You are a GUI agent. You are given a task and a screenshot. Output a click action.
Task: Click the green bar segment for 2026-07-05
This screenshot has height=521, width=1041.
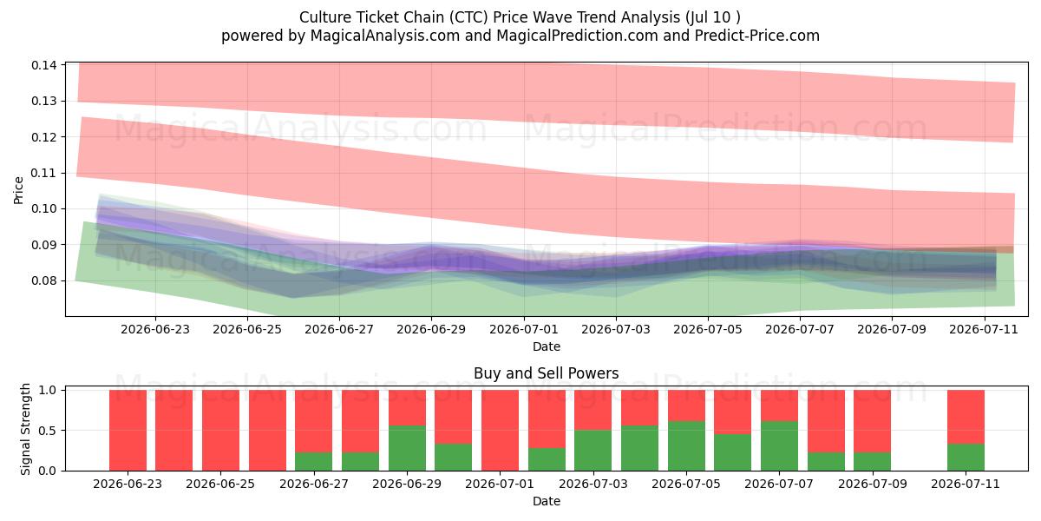tap(686, 445)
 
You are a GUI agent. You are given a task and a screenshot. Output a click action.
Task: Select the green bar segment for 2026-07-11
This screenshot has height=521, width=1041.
tap(966, 458)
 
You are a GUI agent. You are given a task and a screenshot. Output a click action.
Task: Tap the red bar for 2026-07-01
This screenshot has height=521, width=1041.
tap(500, 431)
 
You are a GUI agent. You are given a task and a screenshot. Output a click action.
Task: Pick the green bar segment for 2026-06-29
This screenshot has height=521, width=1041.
tap(407, 448)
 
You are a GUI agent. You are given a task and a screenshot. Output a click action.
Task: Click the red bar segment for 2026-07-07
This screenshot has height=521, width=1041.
tap(779, 406)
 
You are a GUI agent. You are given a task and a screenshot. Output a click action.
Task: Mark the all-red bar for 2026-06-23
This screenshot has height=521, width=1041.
tap(128, 431)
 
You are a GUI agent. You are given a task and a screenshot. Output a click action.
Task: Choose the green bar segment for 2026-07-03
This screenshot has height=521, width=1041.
tap(593, 451)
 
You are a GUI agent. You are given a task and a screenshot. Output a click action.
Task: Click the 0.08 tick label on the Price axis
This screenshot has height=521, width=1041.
tap(44, 280)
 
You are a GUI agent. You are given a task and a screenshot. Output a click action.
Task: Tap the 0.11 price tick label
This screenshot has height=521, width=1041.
tap(44, 173)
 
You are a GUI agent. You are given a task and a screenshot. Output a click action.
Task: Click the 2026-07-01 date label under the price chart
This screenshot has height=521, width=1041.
tap(524, 329)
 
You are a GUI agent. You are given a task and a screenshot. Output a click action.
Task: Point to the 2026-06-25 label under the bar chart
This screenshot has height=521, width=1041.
tap(220, 484)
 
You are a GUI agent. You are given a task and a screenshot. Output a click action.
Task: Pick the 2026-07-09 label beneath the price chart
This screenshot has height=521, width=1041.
tap(892, 329)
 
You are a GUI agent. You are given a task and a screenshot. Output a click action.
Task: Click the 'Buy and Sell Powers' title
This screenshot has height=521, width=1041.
tap(546, 373)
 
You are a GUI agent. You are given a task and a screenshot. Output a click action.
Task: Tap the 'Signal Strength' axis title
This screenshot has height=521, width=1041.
tap(25, 429)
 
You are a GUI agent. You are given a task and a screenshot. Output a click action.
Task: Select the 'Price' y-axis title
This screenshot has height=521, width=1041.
tap(18, 190)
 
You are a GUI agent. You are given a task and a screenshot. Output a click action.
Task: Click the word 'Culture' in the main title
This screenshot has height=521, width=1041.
tap(324, 17)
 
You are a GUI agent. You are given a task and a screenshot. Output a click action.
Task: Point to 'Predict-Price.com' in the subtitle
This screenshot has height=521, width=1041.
tap(757, 36)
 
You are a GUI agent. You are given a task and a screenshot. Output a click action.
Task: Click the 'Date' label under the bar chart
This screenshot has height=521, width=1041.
tap(546, 501)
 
